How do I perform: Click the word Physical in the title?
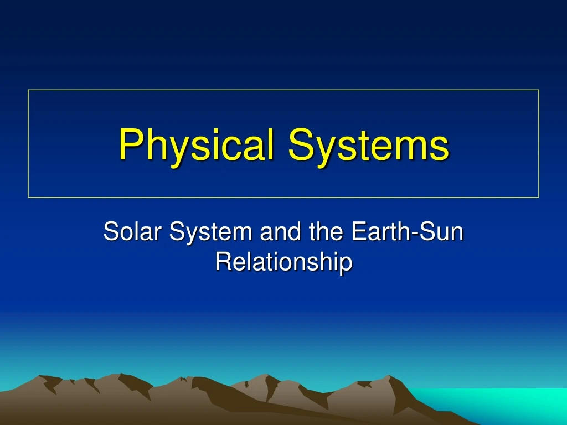pyautogui.click(x=197, y=144)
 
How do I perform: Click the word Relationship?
pyautogui.click(x=283, y=261)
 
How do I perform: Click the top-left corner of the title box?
pyautogui.click(x=29, y=90)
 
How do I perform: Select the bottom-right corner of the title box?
pyautogui.click(x=538, y=197)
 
